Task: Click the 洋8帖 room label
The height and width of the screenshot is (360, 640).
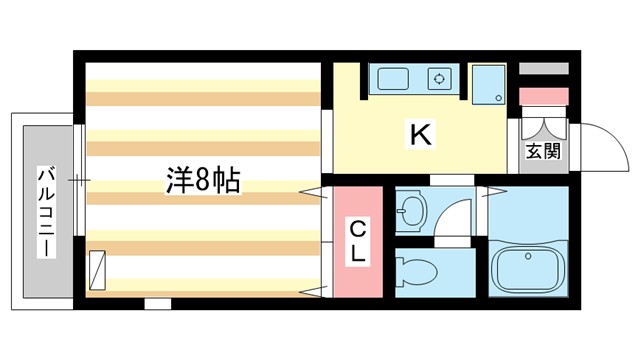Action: pos(202,182)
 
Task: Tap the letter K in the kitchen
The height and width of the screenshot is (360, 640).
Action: pos(420,135)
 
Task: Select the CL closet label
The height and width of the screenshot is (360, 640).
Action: pos(356,240)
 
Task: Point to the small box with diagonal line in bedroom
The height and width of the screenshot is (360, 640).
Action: pos(97,267)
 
